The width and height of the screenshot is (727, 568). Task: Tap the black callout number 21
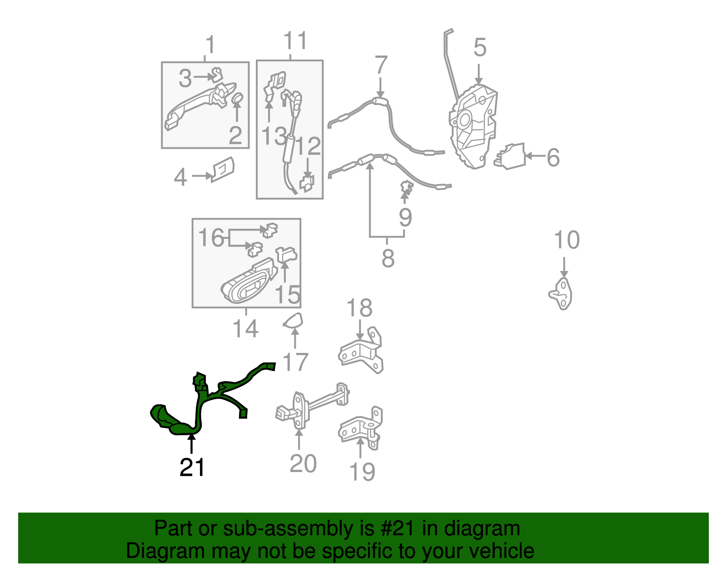point(192,467)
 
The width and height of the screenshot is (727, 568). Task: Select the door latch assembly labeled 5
point(473,126)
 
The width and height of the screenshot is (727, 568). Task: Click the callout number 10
point(567,240)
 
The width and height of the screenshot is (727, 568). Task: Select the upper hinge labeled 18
point(361,351)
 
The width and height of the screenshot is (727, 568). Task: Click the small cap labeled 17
point(294,320)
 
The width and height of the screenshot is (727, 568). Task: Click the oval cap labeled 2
point(237,98)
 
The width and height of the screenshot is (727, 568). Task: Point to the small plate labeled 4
point(223,169)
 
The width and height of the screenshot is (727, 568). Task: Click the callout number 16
point(211,237)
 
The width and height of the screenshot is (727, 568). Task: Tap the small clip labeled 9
point(407,187)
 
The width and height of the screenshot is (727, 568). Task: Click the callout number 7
point(381,65)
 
